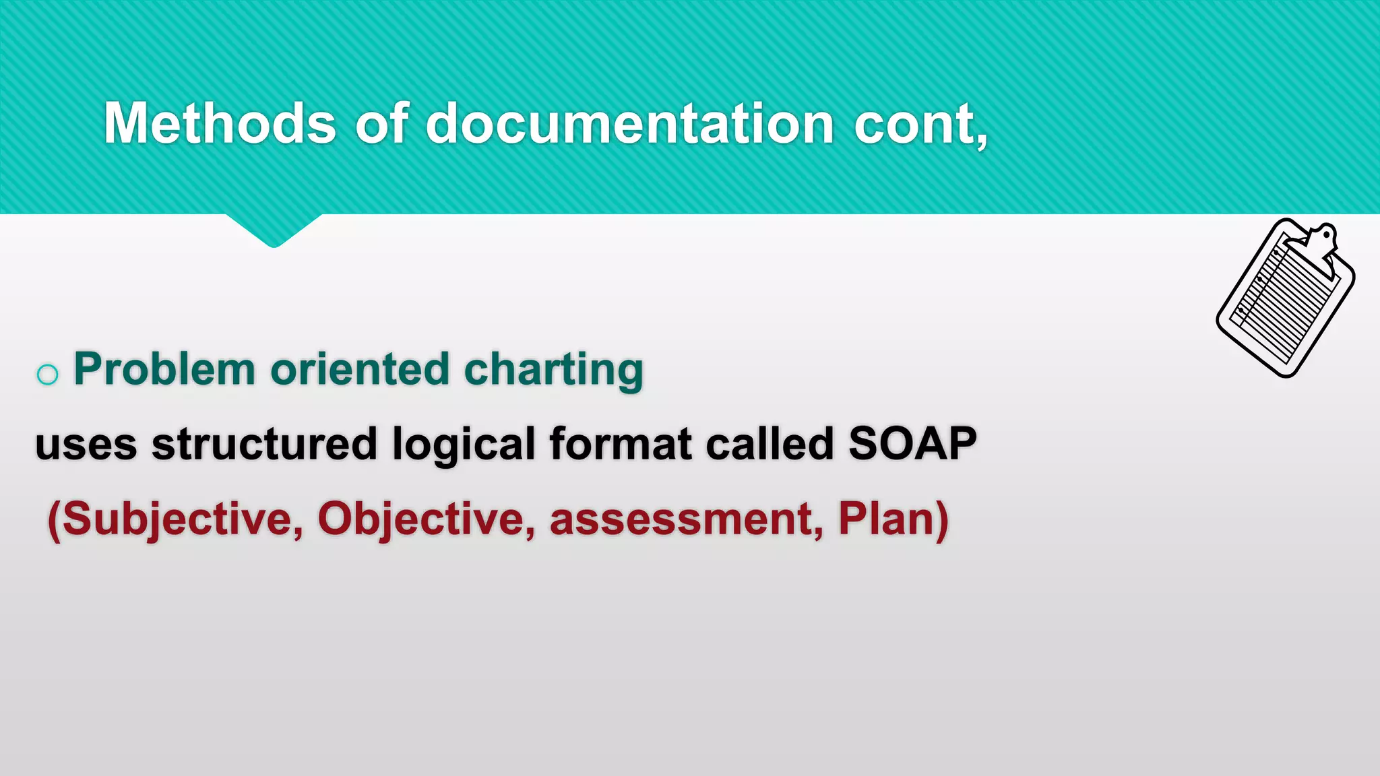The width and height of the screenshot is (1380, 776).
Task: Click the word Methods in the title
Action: (220, 123)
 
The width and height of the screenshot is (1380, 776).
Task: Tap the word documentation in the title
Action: (630, 123)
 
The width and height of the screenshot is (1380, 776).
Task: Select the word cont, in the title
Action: (920, 123)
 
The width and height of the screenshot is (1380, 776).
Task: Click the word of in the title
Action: (381, 123)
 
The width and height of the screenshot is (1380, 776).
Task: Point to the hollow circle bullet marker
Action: (47, 374)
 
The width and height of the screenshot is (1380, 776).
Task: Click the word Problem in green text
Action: (164, 369)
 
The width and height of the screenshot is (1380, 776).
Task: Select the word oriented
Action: (360, 369)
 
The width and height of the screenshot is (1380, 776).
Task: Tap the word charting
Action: (554, 370)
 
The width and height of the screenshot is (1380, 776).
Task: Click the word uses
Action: (86, 445)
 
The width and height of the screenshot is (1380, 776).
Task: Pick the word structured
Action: (263, 445)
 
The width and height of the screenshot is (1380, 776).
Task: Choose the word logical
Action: (463, 445)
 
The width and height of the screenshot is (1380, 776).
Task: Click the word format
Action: (621, 445)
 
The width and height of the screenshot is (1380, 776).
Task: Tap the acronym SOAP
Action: (912, 445)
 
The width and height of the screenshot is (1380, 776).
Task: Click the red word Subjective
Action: (175, 519)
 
